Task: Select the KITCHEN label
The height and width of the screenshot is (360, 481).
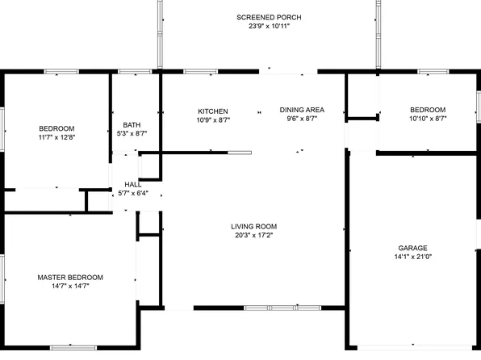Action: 213,111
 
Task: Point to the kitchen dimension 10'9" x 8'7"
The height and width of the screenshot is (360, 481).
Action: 213,119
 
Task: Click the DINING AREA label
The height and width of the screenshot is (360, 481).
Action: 302,110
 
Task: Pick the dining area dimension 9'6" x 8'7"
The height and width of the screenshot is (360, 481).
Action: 302,119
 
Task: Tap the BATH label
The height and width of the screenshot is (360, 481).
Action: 132,125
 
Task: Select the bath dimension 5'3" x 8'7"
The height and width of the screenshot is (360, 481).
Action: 132,133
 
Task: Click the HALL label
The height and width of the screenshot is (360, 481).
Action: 133,184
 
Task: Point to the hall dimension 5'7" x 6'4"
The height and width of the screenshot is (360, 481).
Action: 133,193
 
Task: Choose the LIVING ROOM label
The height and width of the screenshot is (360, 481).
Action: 254,227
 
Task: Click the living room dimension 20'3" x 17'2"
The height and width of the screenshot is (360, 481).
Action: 254,236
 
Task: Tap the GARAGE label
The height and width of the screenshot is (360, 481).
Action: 412,249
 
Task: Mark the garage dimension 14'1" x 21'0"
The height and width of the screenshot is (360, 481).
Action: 412,257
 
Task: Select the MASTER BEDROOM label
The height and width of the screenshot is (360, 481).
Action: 70,277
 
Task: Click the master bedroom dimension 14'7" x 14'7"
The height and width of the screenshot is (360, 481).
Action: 70,286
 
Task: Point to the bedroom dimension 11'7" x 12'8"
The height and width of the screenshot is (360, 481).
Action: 56,137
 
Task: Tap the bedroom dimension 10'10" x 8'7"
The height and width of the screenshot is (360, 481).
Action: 428,119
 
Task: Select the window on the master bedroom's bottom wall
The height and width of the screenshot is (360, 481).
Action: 73,348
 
